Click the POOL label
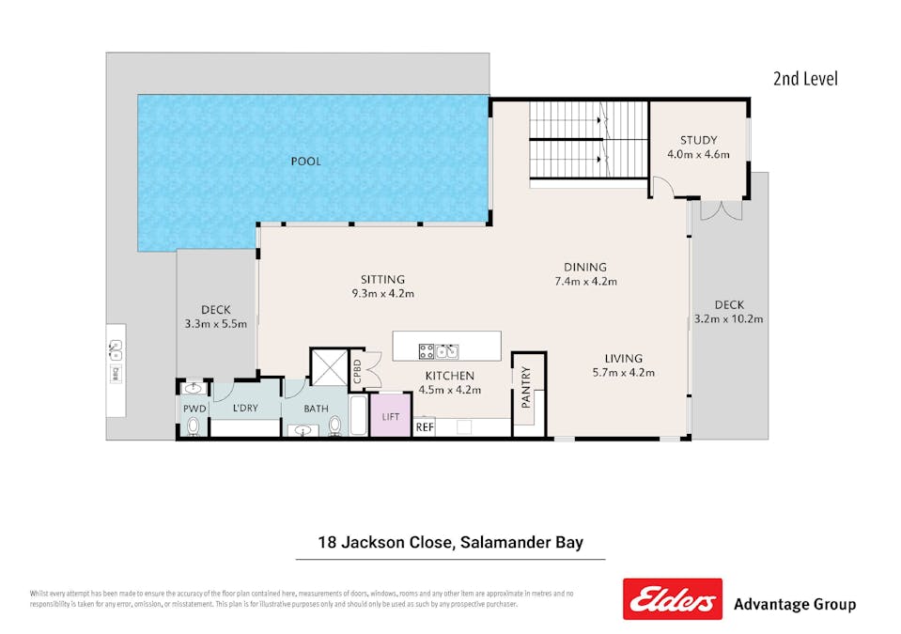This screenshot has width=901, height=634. pyautogui.click(x=305, y=162)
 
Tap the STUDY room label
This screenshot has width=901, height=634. pyautogui.click(x=698, y=140)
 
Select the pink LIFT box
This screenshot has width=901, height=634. pyautogui.click(x=390, y=416)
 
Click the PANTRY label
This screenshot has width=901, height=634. pyautogui.click(x=526, y=387)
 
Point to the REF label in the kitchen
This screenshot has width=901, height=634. pyautogui.click(x=425, y=427)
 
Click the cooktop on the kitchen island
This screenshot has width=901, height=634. pyautogui.click(x=426, y=351)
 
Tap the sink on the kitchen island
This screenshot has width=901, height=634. pyautogui.click(x=447, y=351)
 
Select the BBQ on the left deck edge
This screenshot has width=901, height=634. pyautogui.click(x=116, y=349)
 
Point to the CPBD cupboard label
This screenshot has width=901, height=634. pyautogui.click(x=357, y=367)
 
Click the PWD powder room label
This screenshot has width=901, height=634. pyautogui.click(x=194, y=409)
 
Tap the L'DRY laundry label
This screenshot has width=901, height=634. pyautogui.click(x=245, y=409)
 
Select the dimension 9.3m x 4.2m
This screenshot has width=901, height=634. pyautogui.click(x=382, y=293)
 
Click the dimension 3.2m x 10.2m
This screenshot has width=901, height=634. pyautogui.click(x=728, y=318)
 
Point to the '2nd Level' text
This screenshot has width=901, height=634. pyautogui.click(x=805, y=79)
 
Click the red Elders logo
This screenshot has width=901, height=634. pyautogui.click(x=672, y=599)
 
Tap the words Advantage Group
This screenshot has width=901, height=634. pyautogui.click(x=794, y=604)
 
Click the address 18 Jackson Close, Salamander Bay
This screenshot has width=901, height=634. pyautogui.click(x=450, y=542)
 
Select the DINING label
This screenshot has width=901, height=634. pyautogui.click(x=584, y=267)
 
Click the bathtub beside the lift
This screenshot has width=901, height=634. pyautogui.click(x=358, y=415)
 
